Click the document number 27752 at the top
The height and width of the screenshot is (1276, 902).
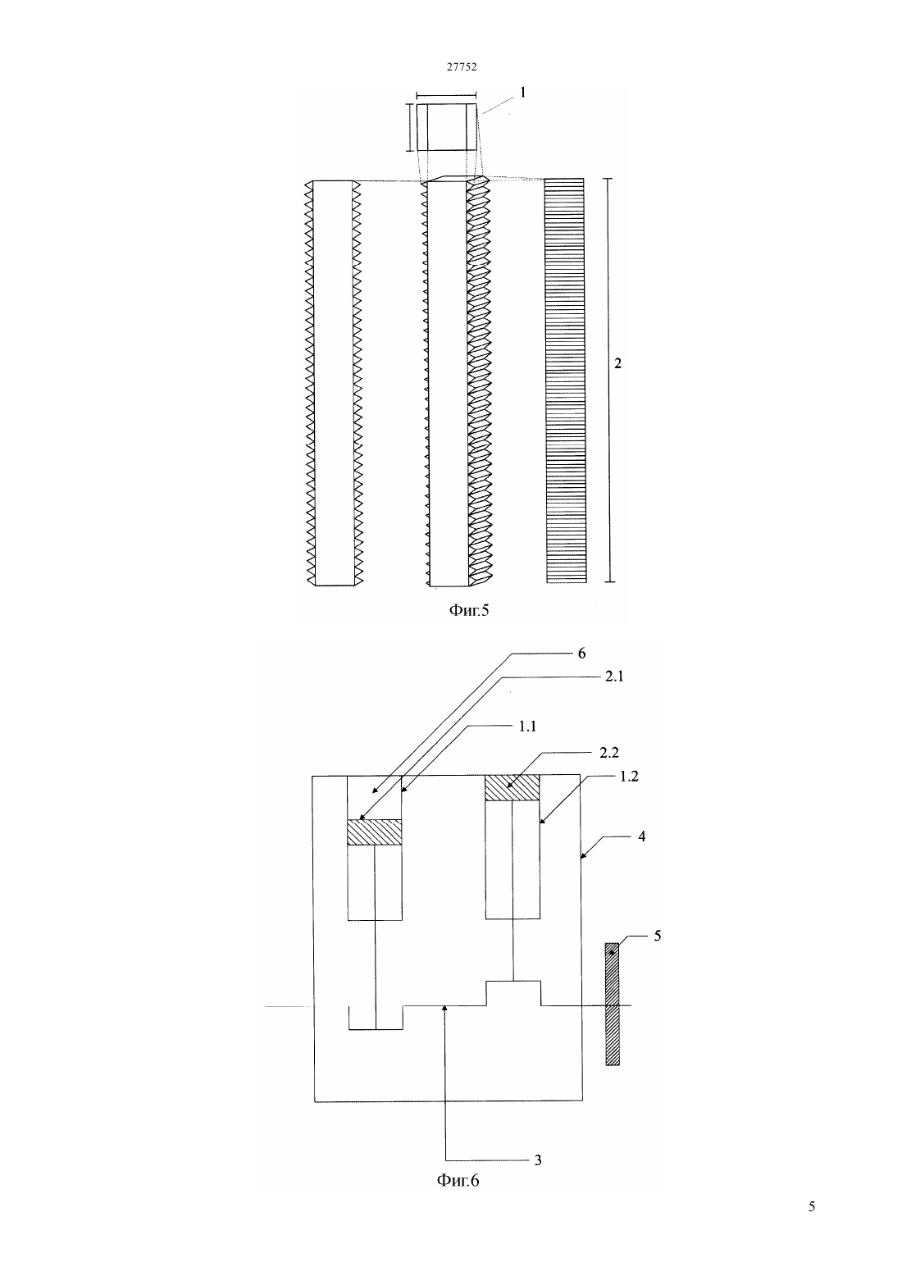pyautogui.click(x=461, y=66)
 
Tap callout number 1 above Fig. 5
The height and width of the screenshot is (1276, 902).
pyautogui.click(x=523, y=92)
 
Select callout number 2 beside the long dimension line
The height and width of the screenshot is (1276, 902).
pyautogui.click(x=617, y=362)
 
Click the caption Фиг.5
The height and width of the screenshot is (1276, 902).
pyautogui.click(x=469, y=611)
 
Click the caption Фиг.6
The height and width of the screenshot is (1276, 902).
pyautogui.click(x=458, y=1181)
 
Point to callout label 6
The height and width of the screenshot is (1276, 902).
pyautogui.click(x=581, y=654)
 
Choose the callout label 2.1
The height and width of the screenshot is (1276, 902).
pyautogui.click(x=614, y=677)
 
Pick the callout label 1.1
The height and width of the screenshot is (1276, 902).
pyautogui.click(x=527, y=727)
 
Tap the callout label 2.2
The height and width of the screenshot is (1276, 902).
pyautogui.click(x=608, y=753)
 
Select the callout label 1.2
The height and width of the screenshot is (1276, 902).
pyautogui.click(x=629, y=776)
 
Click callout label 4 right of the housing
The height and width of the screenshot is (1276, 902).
pyautogui.click(x=642, y=836)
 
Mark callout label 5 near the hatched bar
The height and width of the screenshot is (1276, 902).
pyautogui.click(x=657, y=936)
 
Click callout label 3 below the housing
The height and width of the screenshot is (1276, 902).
pyautogui.click(x=538, y=1160)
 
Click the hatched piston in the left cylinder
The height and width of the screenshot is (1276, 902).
pyautogui.click(x=375, y=832)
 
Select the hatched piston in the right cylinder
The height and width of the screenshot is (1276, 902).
pyautogui.click(x=512, y=788)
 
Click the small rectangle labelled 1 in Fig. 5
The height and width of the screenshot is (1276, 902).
pyautogui.click(x=446, y=127)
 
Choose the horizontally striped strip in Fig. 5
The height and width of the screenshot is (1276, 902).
pyautogui.click(x=565, y=381)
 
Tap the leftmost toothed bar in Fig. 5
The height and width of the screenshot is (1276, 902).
pyautogui.click(x=334, y=383)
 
